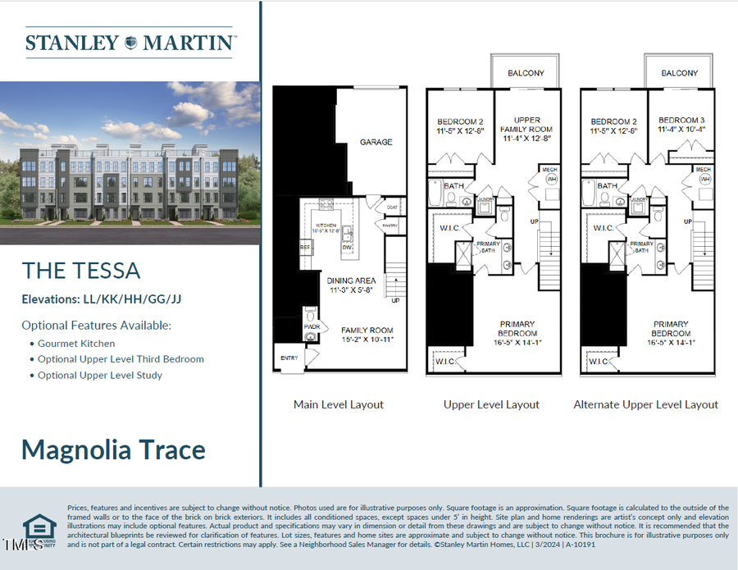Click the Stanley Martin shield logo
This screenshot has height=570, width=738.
[130, 43]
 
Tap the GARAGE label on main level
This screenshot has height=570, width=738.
[376, 142]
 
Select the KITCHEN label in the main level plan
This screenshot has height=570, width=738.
[326, 224]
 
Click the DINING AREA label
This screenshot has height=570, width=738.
[351, 280]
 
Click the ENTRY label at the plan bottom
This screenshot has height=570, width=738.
[289, 358]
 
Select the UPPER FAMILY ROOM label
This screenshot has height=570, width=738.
[526, 125]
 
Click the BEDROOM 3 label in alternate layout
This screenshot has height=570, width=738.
[681, 121]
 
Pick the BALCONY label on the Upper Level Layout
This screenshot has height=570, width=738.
[526, 73]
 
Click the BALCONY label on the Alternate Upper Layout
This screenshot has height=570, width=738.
[680, 73]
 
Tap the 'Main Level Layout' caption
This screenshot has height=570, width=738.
[339, 404]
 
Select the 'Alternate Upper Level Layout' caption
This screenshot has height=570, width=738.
[645, 404]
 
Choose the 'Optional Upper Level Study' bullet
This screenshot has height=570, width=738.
[100, 375]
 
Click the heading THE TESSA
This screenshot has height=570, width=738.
[81, 271]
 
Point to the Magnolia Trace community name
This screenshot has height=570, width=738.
[113, 449]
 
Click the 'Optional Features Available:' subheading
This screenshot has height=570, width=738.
[96, 325]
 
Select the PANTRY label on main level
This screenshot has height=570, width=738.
[390, 226]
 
